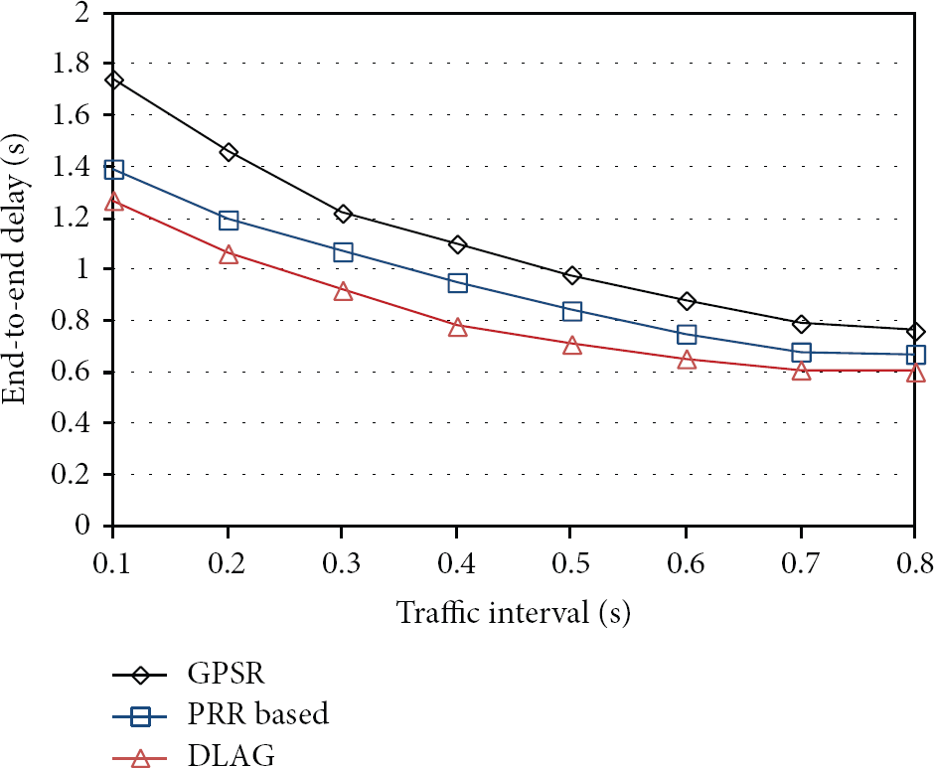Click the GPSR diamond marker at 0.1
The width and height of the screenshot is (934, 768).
(114, 79)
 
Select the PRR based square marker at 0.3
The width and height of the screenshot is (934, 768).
(343, 252)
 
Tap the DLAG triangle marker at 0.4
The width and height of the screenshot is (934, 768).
(457, 327)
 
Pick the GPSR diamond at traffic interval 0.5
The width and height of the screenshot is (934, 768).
(572, 275)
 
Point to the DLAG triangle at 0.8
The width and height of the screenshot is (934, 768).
(915, 373)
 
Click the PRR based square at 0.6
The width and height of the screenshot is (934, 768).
(687, 334)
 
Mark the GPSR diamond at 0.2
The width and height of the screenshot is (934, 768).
(229, 152)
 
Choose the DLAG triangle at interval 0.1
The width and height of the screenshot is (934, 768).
(114, 202)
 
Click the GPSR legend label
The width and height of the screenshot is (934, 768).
(226, 674)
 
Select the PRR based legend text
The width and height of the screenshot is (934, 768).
(258, 713)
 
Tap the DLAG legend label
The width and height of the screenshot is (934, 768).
(232, 755)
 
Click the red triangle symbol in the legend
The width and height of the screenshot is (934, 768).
(140, 758)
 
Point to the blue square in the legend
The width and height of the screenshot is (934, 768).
(140, 716)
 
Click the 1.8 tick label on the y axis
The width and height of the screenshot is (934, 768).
(71, 64)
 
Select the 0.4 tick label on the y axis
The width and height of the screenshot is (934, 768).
(71, 423)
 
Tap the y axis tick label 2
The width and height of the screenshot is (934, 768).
(81, 12)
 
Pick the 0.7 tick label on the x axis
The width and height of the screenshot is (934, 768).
(801, 563)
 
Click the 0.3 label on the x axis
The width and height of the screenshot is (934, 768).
(342, 563)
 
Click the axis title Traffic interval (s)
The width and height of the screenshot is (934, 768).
(514, 613)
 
